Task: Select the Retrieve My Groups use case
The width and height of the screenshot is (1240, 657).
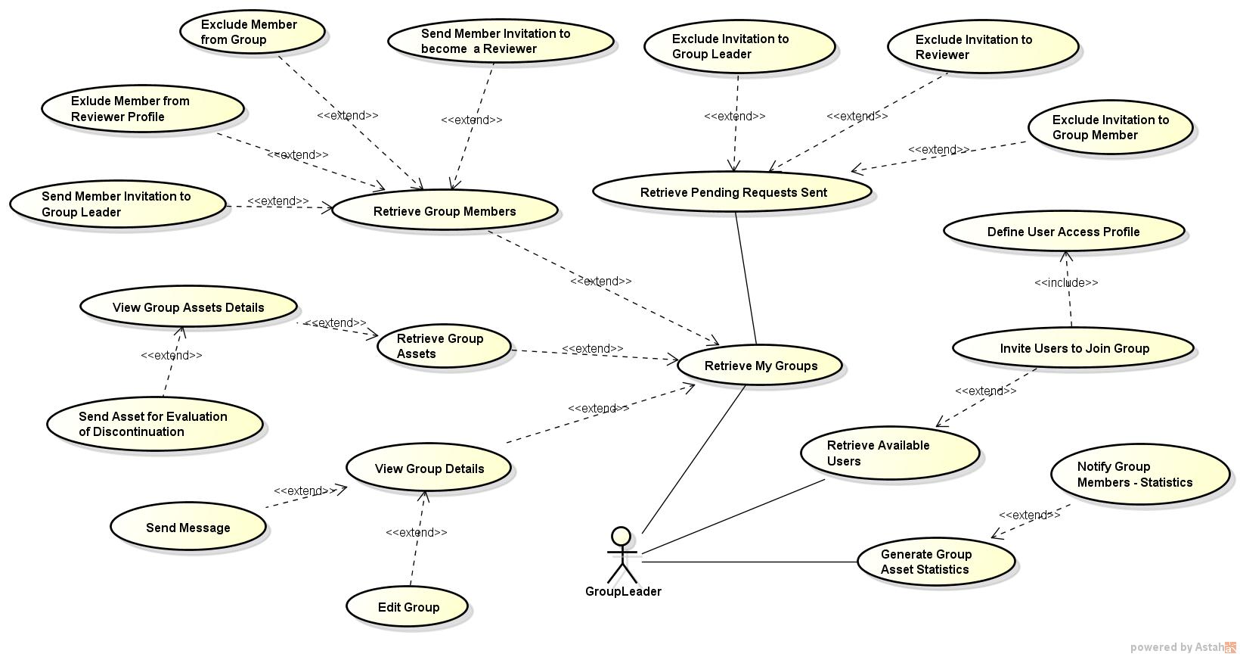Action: click(760, 366)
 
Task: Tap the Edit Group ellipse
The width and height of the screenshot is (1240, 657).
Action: click(408, 607)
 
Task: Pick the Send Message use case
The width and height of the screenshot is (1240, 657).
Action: click(188, 528)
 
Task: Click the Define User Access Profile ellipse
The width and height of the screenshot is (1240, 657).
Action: click(1063, 232)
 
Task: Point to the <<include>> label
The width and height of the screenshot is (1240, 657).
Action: click(1066, 282)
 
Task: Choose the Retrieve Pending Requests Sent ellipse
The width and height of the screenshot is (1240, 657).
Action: click(733, 192)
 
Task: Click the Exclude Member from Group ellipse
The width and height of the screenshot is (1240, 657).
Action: click(253, 32)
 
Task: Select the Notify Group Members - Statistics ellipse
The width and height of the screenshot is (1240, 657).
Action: click(1139, 475)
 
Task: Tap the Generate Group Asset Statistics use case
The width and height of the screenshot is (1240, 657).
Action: click(935, 562)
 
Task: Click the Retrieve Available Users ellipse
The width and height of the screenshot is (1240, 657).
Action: click(890, 453)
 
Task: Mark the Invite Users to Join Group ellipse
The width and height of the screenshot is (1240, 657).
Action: click(1073, 348)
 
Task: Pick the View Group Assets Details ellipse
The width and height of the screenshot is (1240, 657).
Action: click(188, 307)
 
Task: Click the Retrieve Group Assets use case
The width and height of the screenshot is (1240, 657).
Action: click(444, 346)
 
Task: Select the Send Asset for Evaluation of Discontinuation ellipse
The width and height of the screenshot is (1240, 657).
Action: click(155, 424)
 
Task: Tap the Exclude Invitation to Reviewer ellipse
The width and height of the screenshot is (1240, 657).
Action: click(982, 47)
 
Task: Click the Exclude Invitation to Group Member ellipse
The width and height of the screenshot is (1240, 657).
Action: click(1110, 127)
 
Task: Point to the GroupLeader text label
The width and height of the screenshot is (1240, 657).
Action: click(623, 592)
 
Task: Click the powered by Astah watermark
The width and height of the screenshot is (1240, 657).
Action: click(1183, 647)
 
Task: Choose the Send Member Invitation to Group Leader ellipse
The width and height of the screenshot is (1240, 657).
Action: click(118, 204)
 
